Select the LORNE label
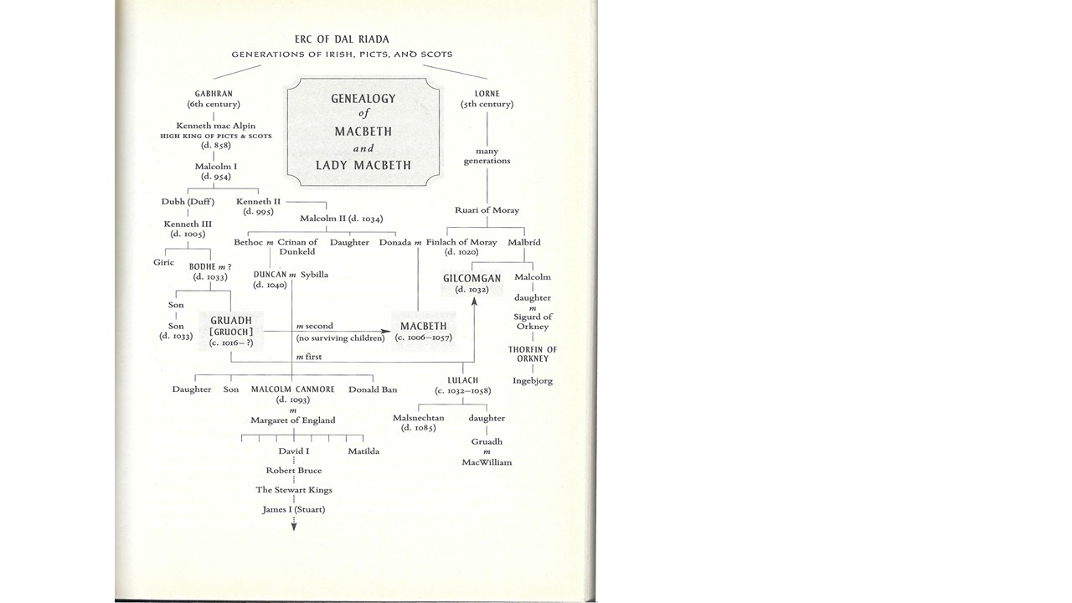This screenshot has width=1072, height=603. [x=487, y=93]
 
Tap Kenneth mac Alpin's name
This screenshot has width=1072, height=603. [x=215, y=126]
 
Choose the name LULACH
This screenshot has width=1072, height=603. [x=462, y=380]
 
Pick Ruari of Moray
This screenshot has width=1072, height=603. [x=487, y=210]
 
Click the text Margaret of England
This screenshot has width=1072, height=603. [x=293, y=420]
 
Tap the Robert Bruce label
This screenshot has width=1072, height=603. [x=293, y=471]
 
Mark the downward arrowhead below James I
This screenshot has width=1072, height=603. [x=294, y=526]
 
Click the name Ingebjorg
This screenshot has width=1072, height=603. [x=533, y=381]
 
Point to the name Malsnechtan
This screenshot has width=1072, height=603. [x=419, y=418]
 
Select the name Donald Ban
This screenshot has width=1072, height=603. [x=373, y=389]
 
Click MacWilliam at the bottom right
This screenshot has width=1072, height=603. [x=487, y=462]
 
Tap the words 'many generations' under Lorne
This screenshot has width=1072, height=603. [x=487, y=156]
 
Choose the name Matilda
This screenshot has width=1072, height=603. [x=363, y=451]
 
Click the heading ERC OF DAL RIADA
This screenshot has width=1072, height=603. [x=342, y=39]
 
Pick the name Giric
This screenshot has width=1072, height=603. [x=163, y=262]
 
